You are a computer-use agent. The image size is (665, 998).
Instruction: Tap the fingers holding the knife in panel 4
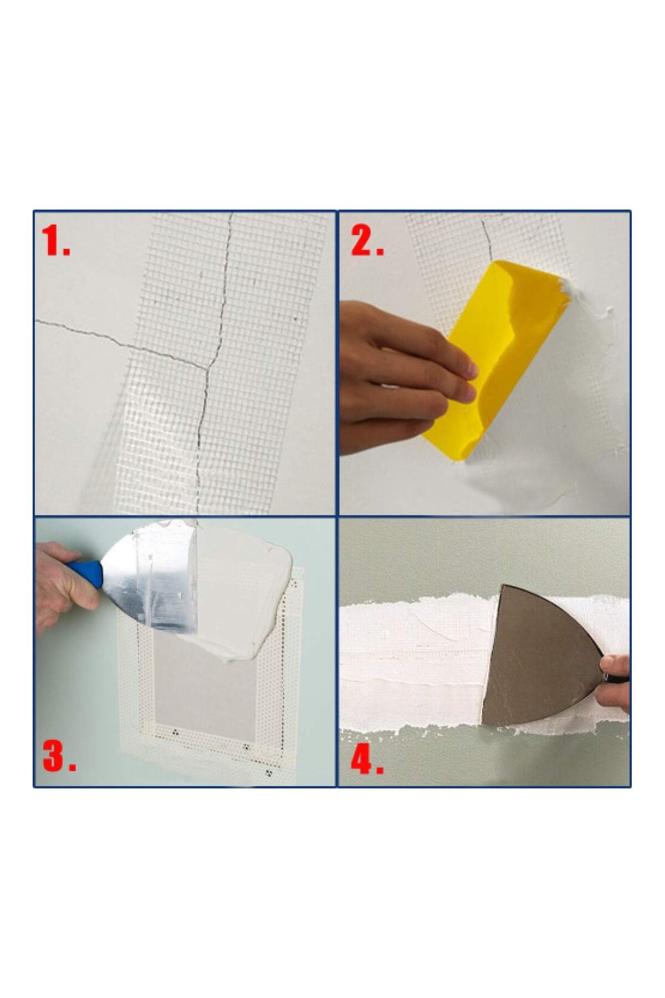click(615, 682)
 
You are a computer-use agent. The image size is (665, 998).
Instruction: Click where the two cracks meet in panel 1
click(209, 366)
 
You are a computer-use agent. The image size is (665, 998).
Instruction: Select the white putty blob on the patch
click(244, 588)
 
